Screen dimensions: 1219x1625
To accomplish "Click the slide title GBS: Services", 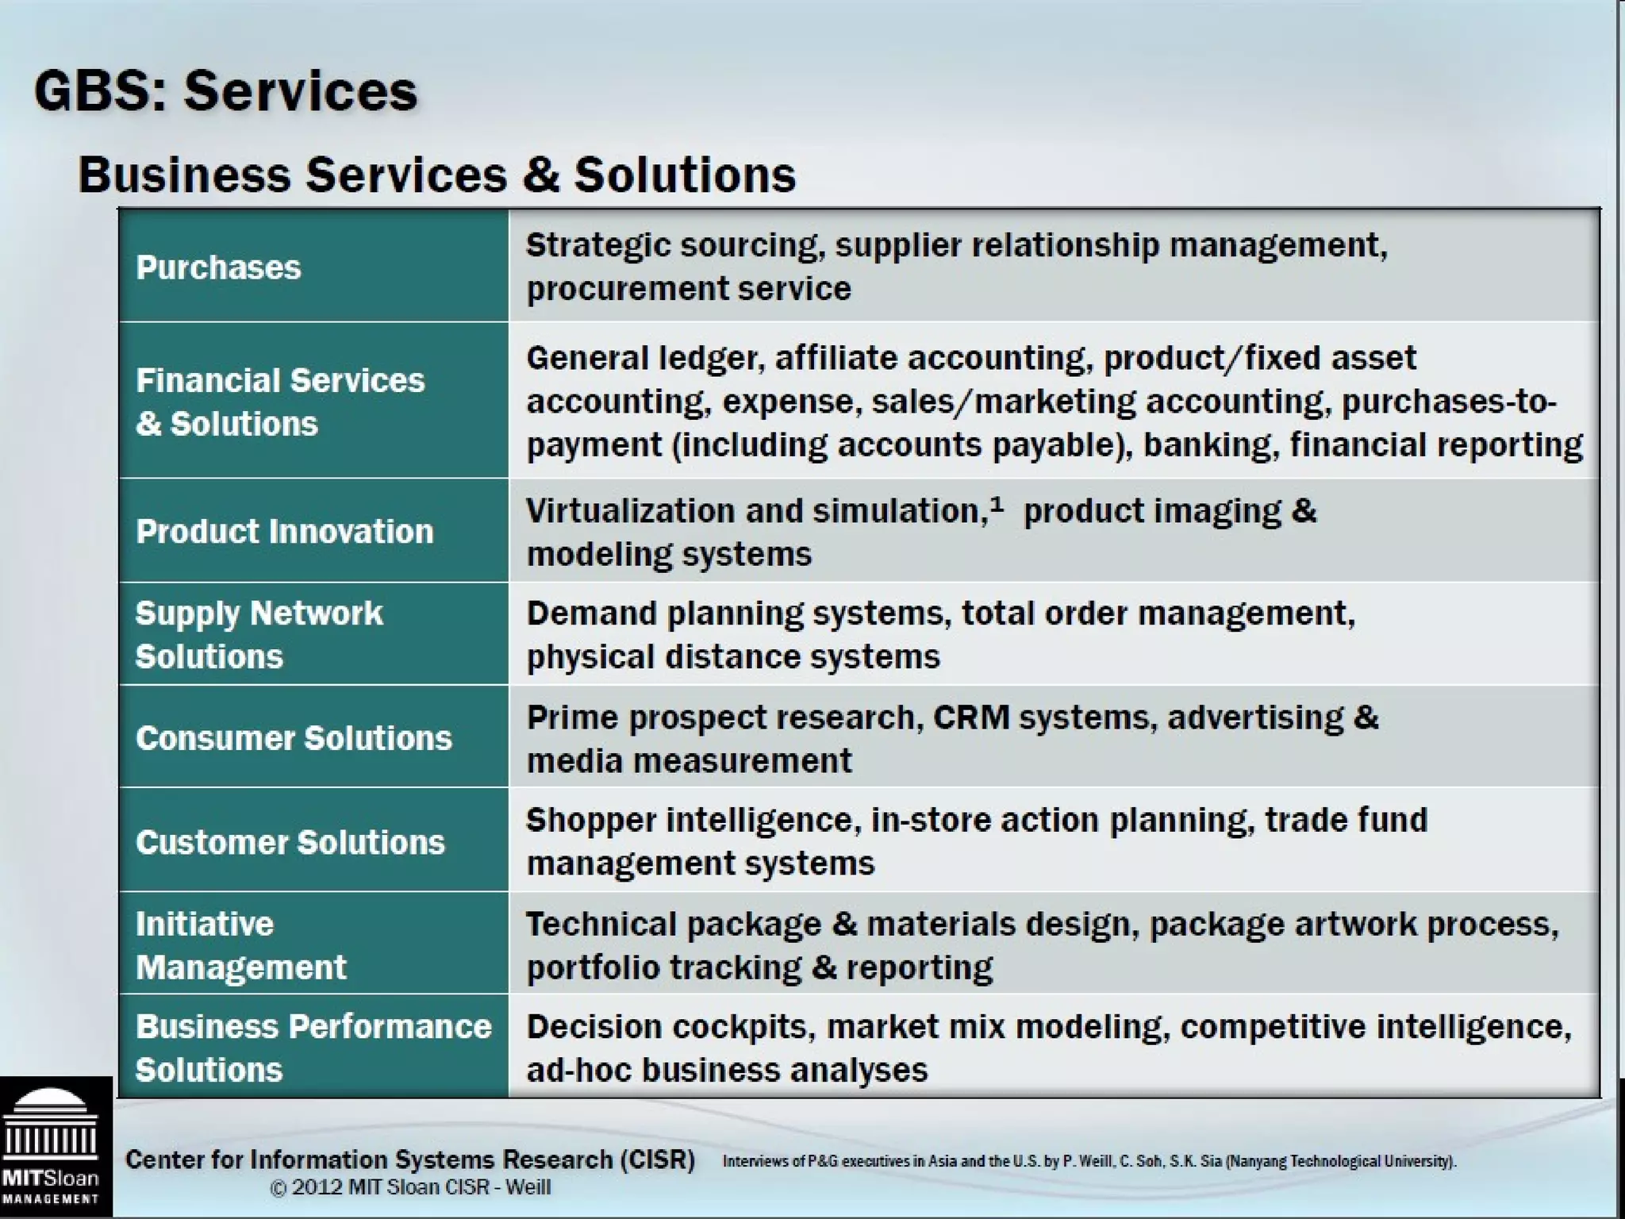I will (225, 90).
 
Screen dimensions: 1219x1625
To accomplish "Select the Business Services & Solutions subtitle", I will (436, 175).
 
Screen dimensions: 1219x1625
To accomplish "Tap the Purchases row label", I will (218, 267).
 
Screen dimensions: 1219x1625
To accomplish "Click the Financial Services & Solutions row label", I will (279, 402).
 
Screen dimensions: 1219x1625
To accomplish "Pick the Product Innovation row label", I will (284, 531).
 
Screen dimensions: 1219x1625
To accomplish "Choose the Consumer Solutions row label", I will (294, 738).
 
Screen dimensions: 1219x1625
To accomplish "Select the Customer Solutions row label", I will (290, 842).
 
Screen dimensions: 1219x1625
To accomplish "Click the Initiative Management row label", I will (240, 945).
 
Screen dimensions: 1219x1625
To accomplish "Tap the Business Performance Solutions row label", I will (313, 1048).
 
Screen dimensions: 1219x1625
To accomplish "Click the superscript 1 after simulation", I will (997, 503).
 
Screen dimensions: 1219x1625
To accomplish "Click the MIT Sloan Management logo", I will (51, 1148).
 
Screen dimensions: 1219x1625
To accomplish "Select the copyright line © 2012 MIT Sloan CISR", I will (410, 1187).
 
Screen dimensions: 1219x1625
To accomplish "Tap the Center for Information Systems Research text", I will (409, 1159).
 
